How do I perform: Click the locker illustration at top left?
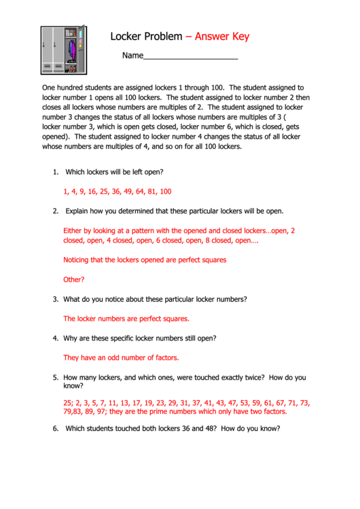pos(63,50)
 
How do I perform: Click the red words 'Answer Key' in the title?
pos(222,37)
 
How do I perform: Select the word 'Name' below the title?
pos(132,56)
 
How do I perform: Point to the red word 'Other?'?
pos(74,279)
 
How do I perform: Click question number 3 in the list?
pos(55,299)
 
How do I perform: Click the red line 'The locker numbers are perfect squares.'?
pos(126,318)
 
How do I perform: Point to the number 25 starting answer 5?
pos(67,402)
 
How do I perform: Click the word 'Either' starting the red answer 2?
pos(73,230)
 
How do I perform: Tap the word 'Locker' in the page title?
pos(127,37)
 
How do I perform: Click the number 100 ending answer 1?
pos(165,192)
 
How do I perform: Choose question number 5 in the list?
pos(55,377)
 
